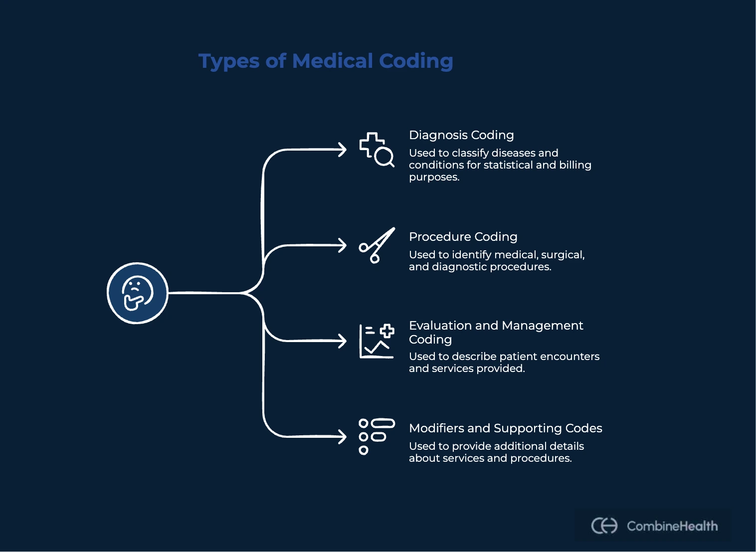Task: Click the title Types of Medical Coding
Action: (326, 61)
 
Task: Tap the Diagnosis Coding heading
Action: (461, 135)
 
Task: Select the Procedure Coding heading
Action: (463, 237)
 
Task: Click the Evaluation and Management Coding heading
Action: (496, 332)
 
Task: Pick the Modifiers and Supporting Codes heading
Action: (505, 428)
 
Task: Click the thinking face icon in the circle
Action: (137, 293)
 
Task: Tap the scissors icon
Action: (377, 245)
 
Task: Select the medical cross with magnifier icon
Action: (377, 149)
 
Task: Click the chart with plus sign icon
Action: (377, 341)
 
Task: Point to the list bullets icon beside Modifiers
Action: (377, 436)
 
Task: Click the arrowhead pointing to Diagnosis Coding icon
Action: (342, 150)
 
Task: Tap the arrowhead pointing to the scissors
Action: (342, 245)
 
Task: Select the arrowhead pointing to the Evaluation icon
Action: (342, 341)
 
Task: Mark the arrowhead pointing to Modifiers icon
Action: (342, 437)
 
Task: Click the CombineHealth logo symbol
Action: (604, 526)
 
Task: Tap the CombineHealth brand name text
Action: (672, 526)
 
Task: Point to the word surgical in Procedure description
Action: (563, 255)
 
